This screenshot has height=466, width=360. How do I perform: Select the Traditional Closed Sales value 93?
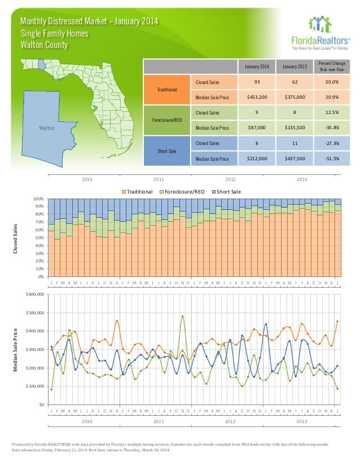(257, 82)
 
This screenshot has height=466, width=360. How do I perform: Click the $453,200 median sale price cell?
(257, 96)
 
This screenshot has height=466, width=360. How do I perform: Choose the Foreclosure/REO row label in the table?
(168, 120)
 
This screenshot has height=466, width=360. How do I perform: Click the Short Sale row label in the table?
(168, 151)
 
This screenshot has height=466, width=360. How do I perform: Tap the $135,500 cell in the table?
(294, 128)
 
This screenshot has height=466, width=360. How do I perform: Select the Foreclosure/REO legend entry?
(184, 192)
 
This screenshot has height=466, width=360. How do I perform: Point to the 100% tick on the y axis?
(38, 199)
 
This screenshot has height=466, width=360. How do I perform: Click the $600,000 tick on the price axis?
(34, 294)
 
